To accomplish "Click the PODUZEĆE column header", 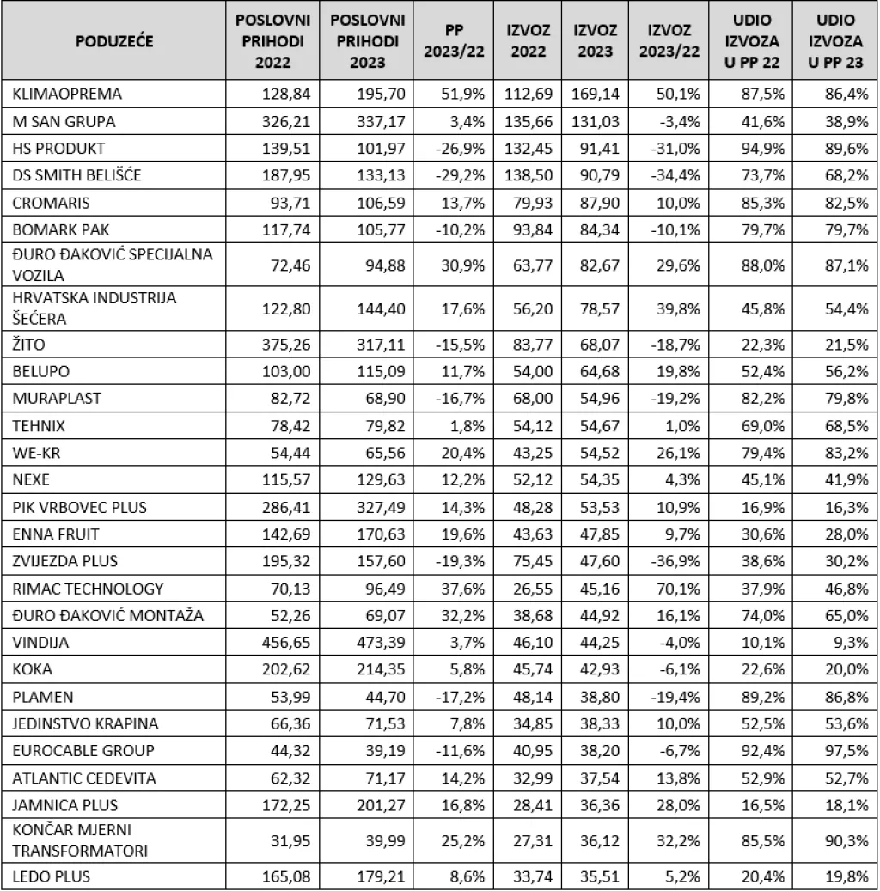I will pos(114,41).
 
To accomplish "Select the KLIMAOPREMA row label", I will pos(68,94).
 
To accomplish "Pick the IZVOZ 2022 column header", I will pos(529,41).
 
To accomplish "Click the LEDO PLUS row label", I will pos(52,876).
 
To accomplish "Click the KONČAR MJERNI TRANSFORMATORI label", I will pos(70,840).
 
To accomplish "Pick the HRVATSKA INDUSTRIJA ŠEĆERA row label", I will pos(95,308).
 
